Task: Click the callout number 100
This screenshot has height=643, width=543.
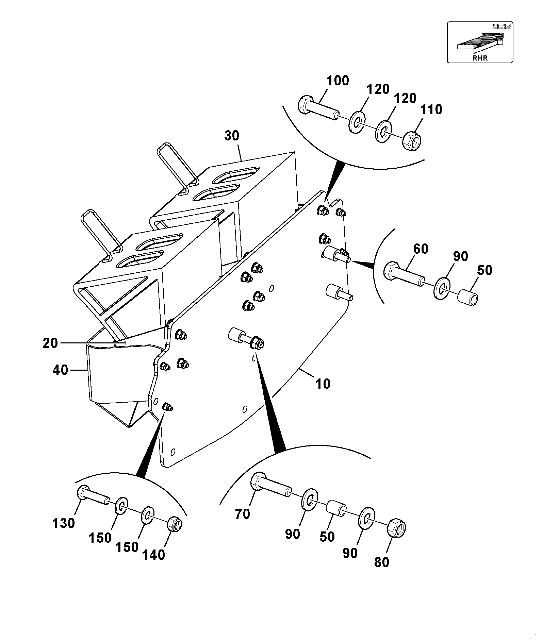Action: (x=338, y=81)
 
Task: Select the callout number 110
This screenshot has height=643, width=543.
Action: (x=431, y=110)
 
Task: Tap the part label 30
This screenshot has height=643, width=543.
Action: (x=232, y=136)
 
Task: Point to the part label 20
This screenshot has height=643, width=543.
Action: (x=50, y=343)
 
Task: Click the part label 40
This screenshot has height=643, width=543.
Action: (x=60, y=370)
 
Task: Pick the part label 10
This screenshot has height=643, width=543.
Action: (x=323, y=384)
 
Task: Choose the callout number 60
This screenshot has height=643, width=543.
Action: (x=421, y=249)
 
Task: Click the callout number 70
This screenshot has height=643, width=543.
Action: (x=243, y=514)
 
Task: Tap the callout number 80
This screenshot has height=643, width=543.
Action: (x=381, y=562)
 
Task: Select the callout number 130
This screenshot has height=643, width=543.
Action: (x=64, y=523)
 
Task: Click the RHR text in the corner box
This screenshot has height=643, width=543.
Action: (x=480, y=58)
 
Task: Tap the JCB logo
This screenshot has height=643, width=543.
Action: (x=502, y=26)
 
